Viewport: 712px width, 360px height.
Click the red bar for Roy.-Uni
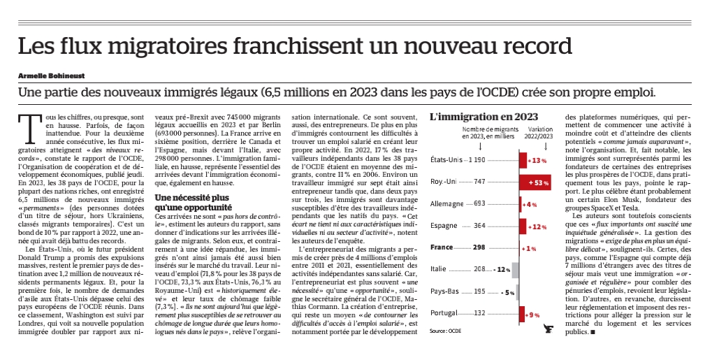click(535, 182)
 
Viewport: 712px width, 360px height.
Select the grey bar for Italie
click(515, 270)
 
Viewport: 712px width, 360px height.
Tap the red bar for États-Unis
click(523, 161)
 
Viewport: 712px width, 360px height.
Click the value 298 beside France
click(479, 247)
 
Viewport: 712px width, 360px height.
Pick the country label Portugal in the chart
click(444, 313)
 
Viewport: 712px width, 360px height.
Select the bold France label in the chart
click(442, 247)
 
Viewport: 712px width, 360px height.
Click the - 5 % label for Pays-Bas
click(507, 292)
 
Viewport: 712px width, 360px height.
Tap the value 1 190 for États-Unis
click(477, 160)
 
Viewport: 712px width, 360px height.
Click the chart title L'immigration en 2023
click(484, 117)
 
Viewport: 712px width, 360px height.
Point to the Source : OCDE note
click(445, 331)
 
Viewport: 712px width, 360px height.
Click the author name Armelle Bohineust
click(51, 76)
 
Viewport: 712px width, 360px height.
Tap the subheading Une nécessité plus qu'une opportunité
click(191, 202)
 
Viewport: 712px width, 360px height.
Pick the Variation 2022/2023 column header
click(539, 132)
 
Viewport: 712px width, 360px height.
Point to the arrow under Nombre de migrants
click(481, 146)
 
